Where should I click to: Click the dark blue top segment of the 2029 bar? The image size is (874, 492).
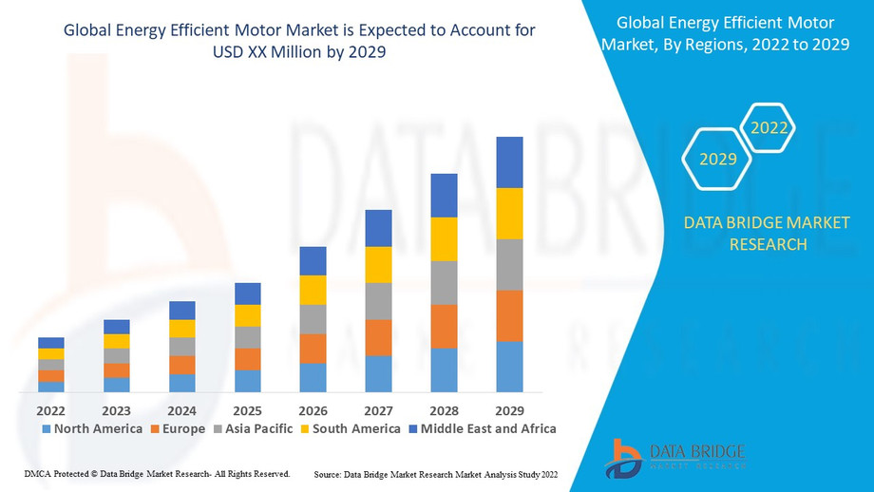coord(510,162)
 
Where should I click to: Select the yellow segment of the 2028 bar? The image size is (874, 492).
coord(445,239)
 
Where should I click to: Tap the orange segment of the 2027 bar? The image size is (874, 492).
coord(379,337)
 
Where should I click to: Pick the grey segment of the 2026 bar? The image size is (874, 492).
coord(313,319)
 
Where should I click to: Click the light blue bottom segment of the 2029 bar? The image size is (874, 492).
coord(510,367)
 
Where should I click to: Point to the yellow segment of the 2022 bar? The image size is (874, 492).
coord(51,353)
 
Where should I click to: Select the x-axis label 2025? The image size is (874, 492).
coord(247,410)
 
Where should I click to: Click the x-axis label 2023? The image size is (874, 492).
coord(116,410)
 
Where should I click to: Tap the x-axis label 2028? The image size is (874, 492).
coord(444,410)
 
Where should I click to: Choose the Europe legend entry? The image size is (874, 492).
coord(178,429)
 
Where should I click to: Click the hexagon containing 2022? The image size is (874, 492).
coord(769,127)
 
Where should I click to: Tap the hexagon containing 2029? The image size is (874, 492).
coord(718,159)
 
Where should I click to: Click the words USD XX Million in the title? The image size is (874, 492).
coord(260,52)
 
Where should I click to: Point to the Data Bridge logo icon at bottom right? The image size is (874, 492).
coord(624,458)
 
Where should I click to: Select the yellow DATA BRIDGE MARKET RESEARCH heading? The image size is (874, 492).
coord(768,234)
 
